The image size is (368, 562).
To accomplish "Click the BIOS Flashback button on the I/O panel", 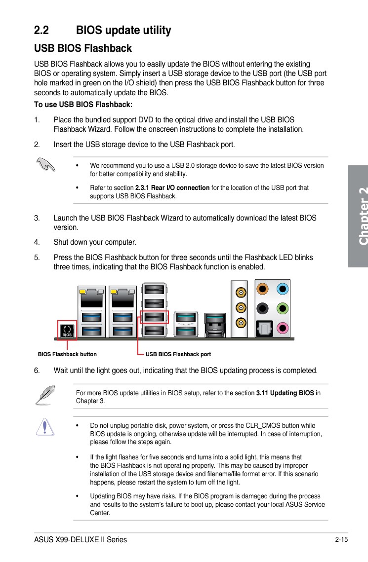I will coord(67,330).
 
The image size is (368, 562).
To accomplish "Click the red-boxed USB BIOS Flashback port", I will coord(154,317).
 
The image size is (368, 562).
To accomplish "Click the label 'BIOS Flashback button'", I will coord(67,354).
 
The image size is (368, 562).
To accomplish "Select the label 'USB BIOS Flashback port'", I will coord(178,354).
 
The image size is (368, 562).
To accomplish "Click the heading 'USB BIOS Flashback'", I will coord(82,48).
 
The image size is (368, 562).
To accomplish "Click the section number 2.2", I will coord(41,31).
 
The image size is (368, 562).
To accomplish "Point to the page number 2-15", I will coord(341,539).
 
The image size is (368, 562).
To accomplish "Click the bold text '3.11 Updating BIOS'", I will coord(285,393).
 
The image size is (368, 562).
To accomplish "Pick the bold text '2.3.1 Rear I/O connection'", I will coord(172,188).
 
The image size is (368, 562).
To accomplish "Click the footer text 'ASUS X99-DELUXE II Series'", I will coord(81,539).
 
